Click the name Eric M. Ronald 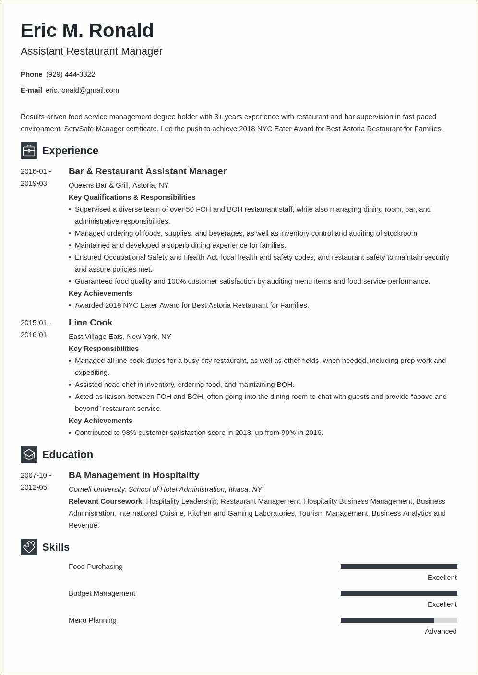click(x=87, y=31)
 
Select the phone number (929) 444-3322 click(x=71, y=74)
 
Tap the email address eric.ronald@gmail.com click(x=82, y=90)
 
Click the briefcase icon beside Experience click(x=29, y=151)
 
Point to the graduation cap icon click(x=29, y=454)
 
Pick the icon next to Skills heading click(x=29, y=547)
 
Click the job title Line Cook click(x=90, y=323)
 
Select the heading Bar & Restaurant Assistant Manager click(x=147, y=171)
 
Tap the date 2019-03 click(x=34, y=183)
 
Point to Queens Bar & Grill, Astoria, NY click(x=119, y=185)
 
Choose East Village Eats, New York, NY click(x=119, y=337)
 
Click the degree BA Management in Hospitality click(x=134, y=475)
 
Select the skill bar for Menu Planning click(x=398, y=620)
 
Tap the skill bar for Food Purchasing click(x=398, y=567)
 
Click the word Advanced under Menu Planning click(x=440, y=631)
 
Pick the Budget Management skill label click(x=102, y=593)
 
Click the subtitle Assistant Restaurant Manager click(x=91, y=51)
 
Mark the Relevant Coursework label click(x=105, y=501)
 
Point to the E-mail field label click(x=31, y=90)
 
